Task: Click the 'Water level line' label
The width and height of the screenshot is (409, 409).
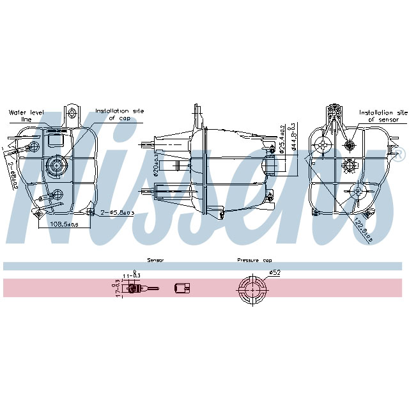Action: click(x=26, y=115)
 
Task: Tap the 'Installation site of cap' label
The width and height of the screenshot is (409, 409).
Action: click(x=120, y=114)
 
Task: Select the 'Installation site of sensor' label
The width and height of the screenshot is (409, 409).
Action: click(x=382, y=115)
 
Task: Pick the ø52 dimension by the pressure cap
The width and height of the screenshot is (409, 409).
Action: click(x=275, y=273)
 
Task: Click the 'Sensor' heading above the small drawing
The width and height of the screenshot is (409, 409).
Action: click(x=155, y=261)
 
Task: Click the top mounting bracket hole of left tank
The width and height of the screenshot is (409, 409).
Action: click(x=72, y=114)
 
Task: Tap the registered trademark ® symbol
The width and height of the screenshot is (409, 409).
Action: click(x=400, y=154)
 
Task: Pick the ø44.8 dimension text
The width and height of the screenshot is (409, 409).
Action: click(x=293, y=136)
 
